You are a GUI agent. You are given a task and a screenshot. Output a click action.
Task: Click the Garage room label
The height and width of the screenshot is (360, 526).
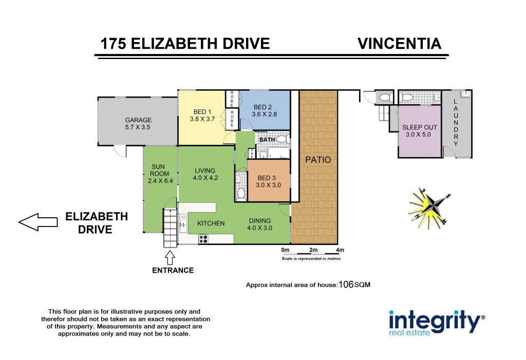tap(138, 120)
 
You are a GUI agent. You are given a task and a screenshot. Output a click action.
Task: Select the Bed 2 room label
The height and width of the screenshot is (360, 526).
tap(262, 107)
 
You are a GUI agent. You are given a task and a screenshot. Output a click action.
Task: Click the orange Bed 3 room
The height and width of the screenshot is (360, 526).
tap(269, 181)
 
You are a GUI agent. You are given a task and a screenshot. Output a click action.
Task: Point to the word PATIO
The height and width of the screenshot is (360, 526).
tap(318, 160)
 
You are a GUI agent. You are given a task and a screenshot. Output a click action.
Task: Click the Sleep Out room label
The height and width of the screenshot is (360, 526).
tap(420, 127)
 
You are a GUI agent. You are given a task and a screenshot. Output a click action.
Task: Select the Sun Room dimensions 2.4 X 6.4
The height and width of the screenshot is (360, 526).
tap(158, 181)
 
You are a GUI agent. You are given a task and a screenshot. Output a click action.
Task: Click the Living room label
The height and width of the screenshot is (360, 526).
tap(204, 171)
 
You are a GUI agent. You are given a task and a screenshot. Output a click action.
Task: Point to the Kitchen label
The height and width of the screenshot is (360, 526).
tap(211, 223)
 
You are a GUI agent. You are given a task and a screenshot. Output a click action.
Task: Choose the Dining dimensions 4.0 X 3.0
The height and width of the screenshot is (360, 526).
tap(259, 228)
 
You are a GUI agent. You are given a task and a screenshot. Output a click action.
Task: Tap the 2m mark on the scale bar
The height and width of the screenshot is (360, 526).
tap(313, 250)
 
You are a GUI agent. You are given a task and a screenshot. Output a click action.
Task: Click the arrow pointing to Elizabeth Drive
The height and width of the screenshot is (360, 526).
tap(38, 221)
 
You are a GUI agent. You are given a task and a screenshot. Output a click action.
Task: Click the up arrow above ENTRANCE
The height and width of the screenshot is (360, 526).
tap(170, 256)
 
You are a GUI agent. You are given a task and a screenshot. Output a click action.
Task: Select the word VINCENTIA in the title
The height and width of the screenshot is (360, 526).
tap(399, 44)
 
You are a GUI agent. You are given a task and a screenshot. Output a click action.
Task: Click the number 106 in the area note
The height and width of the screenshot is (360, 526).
tap(346, 285)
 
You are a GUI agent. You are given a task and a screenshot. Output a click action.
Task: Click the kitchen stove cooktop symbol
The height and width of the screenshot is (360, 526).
tap(203, 238)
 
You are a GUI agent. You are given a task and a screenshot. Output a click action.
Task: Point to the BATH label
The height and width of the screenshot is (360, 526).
tap(267, 140)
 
